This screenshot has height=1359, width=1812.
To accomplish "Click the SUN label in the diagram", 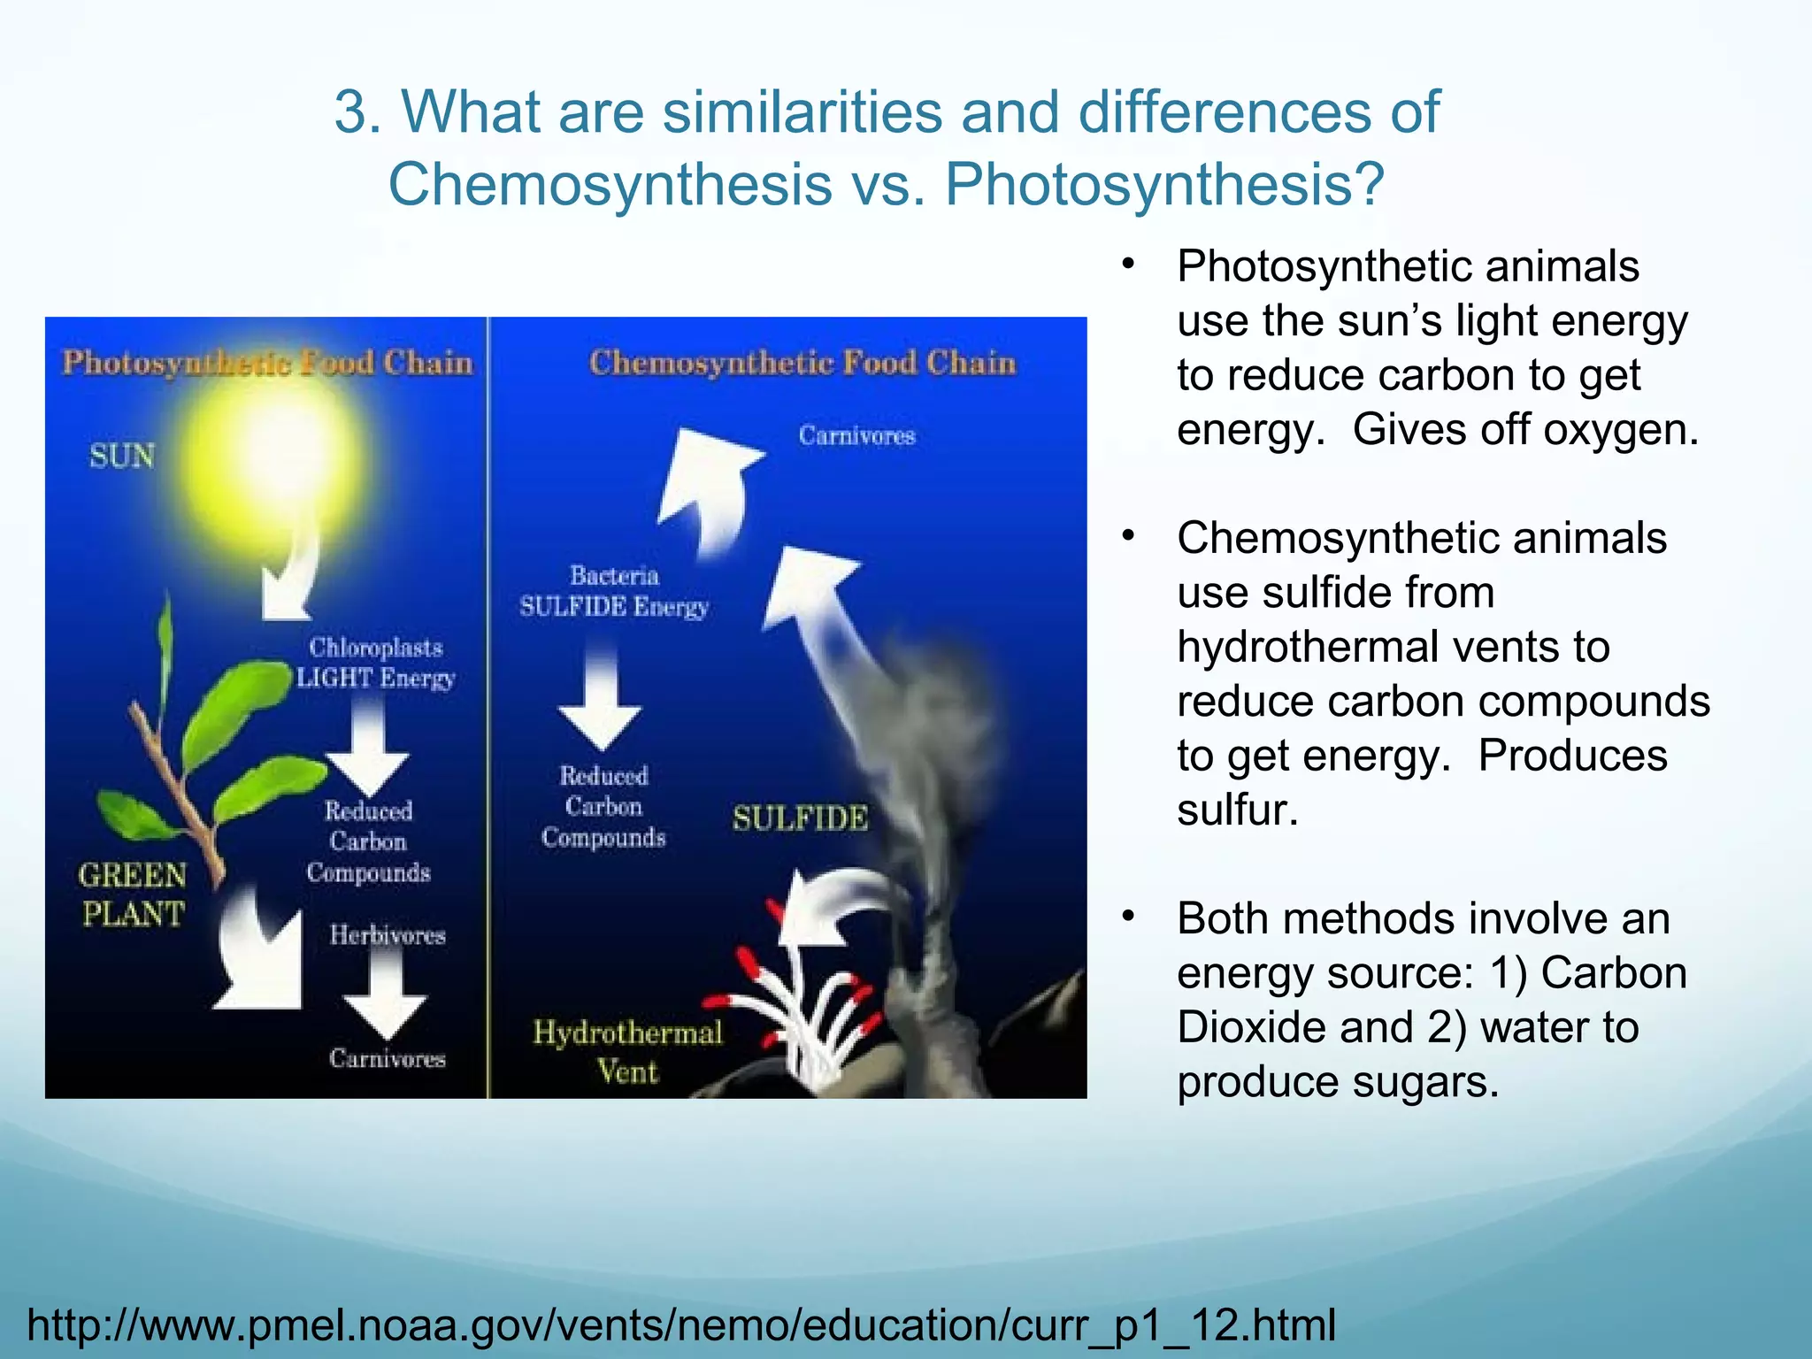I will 122,457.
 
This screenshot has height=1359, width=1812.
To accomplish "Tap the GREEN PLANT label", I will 133,894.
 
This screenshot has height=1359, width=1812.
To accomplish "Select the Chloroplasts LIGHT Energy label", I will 375,663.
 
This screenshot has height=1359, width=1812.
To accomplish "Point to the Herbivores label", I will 388,935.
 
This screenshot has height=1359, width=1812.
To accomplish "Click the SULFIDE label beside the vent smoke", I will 800,818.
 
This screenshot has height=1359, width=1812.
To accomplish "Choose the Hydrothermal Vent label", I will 627,1052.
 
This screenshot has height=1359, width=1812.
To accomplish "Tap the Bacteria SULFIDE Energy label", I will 614,591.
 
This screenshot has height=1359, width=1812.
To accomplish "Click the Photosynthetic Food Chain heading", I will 267,363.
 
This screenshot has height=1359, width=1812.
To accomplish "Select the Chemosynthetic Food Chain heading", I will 802,363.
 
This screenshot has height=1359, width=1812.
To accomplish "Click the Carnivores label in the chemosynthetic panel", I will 856,435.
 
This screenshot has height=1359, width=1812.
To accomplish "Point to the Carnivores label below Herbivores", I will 388,1058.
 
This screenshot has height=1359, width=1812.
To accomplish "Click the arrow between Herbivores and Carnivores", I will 385,995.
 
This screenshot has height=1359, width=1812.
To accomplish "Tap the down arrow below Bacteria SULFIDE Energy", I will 600,699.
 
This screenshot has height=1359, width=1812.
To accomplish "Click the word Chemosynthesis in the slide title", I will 610,184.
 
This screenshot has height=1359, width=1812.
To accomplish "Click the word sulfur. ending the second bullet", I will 1237,810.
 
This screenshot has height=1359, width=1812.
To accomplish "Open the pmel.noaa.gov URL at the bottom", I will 681,1324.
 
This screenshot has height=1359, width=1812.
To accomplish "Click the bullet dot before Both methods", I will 1128,917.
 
